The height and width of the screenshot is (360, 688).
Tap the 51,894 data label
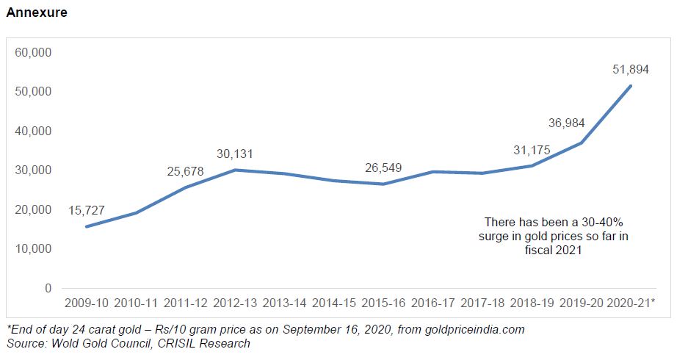pyautogui.click(x=631, y=69)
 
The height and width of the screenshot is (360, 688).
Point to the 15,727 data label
pyautogui.click(x=87, y=210)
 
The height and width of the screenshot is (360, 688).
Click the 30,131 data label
pyautogui.click(x=235, y=154)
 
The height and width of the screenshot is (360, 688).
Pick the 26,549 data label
pyautogui.click(x=384, y=168)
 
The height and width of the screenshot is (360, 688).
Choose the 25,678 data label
pyautogui.click(x=185, y=172)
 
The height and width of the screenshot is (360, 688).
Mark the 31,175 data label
pyautogui.click(x=532, y=151)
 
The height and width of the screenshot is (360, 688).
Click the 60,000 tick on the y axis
pyautogui.click(x=33, y=53)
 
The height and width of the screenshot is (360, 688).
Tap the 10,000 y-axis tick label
pyautogui.click(x=33, y=249)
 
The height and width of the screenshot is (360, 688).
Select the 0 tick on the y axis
pyautogui.click(x=48, y=288)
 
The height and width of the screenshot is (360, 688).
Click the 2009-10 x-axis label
pyautogui.click(x=87, y=303)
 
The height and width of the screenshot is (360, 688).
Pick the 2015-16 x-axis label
pyautogui.click(x=384, y=303)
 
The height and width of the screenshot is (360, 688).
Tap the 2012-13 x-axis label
pyautogui.click(x=235, y=303)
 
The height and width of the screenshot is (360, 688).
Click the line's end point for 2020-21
pyautogui.click(x=631, y=86)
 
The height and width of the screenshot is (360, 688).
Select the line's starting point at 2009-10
pyautogui.click(x=87, y=226)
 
